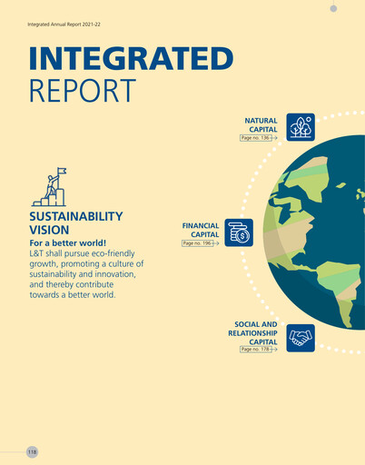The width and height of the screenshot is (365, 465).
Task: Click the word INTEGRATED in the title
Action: [131, 58]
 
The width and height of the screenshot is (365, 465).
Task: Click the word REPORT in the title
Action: [82, 90]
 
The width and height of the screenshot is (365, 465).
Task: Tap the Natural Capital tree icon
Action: [301, 127]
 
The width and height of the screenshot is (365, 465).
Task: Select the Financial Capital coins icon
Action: [240, 232]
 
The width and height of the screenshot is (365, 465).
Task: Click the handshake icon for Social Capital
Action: [301, 338]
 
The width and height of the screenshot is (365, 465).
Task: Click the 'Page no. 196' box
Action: [199, 243]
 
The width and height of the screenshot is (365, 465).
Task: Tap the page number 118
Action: [32, 451]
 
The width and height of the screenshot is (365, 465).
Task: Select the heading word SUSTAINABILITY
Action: [76, 217]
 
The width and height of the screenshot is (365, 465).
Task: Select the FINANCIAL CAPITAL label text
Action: [201, 229]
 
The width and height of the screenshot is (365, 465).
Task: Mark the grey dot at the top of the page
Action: [333, 7]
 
